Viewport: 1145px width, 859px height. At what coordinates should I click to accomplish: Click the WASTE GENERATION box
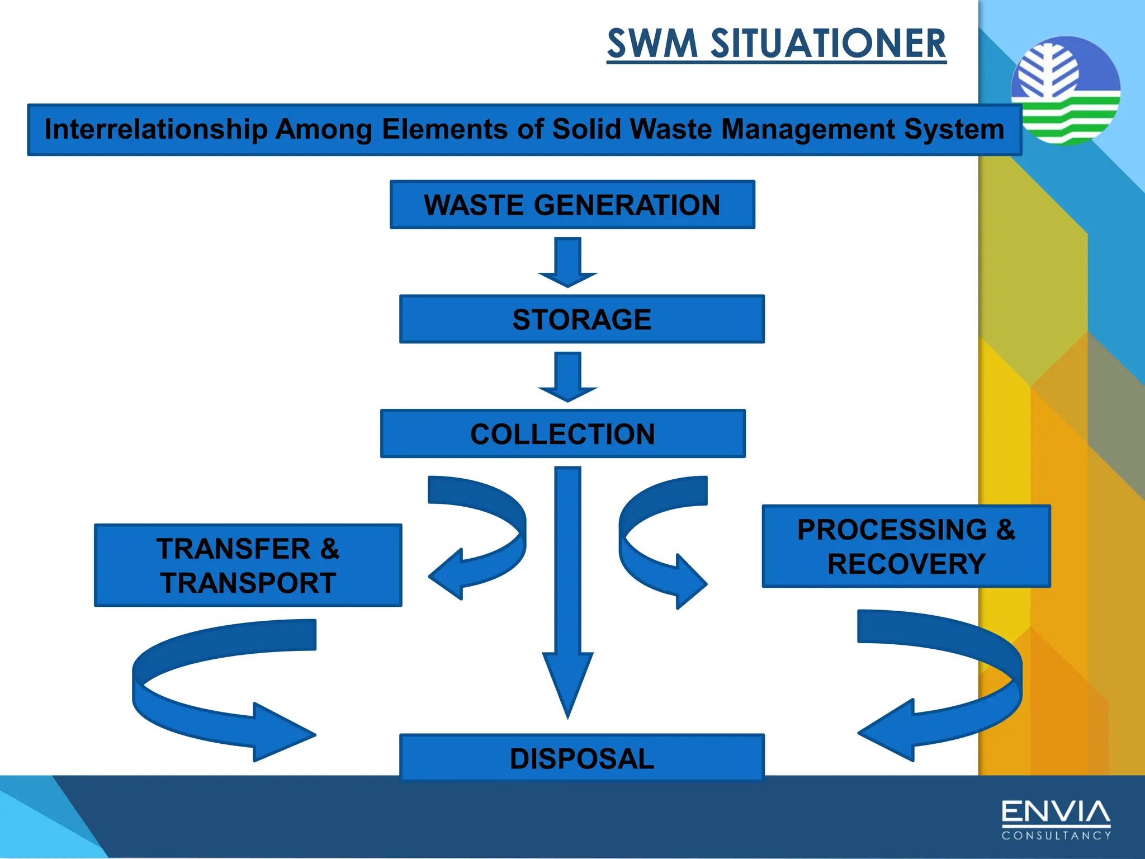click(x=572, y=205)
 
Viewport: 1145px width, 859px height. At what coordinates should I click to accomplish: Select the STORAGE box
click(x=581, y=319)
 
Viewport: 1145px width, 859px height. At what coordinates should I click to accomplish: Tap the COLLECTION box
click(x=562, y=434)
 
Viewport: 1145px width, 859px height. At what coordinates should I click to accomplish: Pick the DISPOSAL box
click(x=581, y=758)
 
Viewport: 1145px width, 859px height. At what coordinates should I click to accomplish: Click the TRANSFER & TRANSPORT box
click(x=248, y=565)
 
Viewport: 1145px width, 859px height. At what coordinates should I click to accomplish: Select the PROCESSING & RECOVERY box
click(x=906, y=546)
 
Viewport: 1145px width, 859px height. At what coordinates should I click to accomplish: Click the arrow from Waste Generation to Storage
click(x=567, y=263)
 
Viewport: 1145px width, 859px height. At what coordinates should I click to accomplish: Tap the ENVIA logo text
click(x=1056, y=813)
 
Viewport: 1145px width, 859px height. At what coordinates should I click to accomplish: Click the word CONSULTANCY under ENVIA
click(x=1056, y=836)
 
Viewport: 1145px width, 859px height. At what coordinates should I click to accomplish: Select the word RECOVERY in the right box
click(x=906, y=564)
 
